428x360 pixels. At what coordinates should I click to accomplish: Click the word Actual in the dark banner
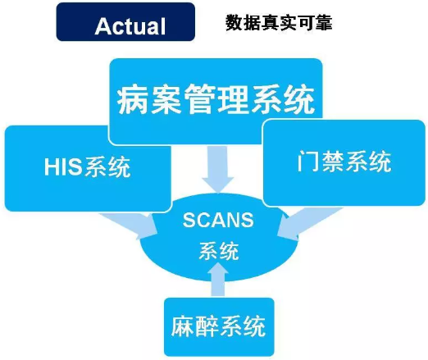click(130, 26)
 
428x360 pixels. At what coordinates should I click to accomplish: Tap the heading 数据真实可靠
click(279, 22)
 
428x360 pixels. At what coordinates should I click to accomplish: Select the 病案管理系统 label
click(216, 99)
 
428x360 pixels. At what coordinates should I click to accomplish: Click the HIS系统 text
click(87, 166)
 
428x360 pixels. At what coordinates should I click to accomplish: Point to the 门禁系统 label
click(344, 161)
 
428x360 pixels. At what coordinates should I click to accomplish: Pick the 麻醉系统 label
click(219, 326)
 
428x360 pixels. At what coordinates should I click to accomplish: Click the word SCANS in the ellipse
click(218, 220)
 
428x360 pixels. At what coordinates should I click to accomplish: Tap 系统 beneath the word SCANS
click(218, 250)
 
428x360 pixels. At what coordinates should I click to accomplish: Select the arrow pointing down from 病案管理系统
click(218, 170)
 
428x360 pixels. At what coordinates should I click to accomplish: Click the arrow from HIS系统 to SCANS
click(129, 225)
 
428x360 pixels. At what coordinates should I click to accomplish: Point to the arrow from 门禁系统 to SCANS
click(309, 223)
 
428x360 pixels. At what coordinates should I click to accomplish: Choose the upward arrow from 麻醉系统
click(218, 280)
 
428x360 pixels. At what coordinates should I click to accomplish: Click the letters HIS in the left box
click(63, 166)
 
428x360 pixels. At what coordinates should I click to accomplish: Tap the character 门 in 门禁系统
click(307, 162)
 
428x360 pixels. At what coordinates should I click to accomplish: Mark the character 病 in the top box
click(133, 99)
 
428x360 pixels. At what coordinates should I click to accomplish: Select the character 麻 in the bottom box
click(184, 326)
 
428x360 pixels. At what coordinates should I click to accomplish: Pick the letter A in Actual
click(103, 26)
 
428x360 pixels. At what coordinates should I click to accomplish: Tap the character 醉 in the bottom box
click(207, 326)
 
